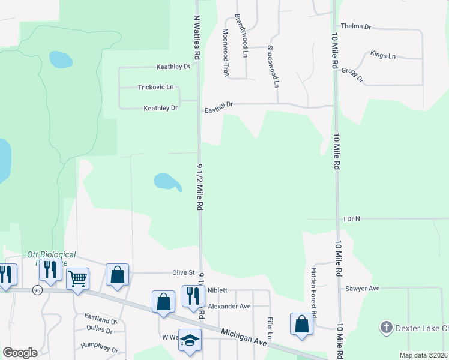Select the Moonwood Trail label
coord(226,53)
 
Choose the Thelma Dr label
coord(356,27)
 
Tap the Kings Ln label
coord(383,56)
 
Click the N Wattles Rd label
coord(196,37)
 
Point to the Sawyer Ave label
coord(363,289)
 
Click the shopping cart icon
coord(77,279)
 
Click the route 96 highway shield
coord(37,290)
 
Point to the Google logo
coord(20,352)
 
